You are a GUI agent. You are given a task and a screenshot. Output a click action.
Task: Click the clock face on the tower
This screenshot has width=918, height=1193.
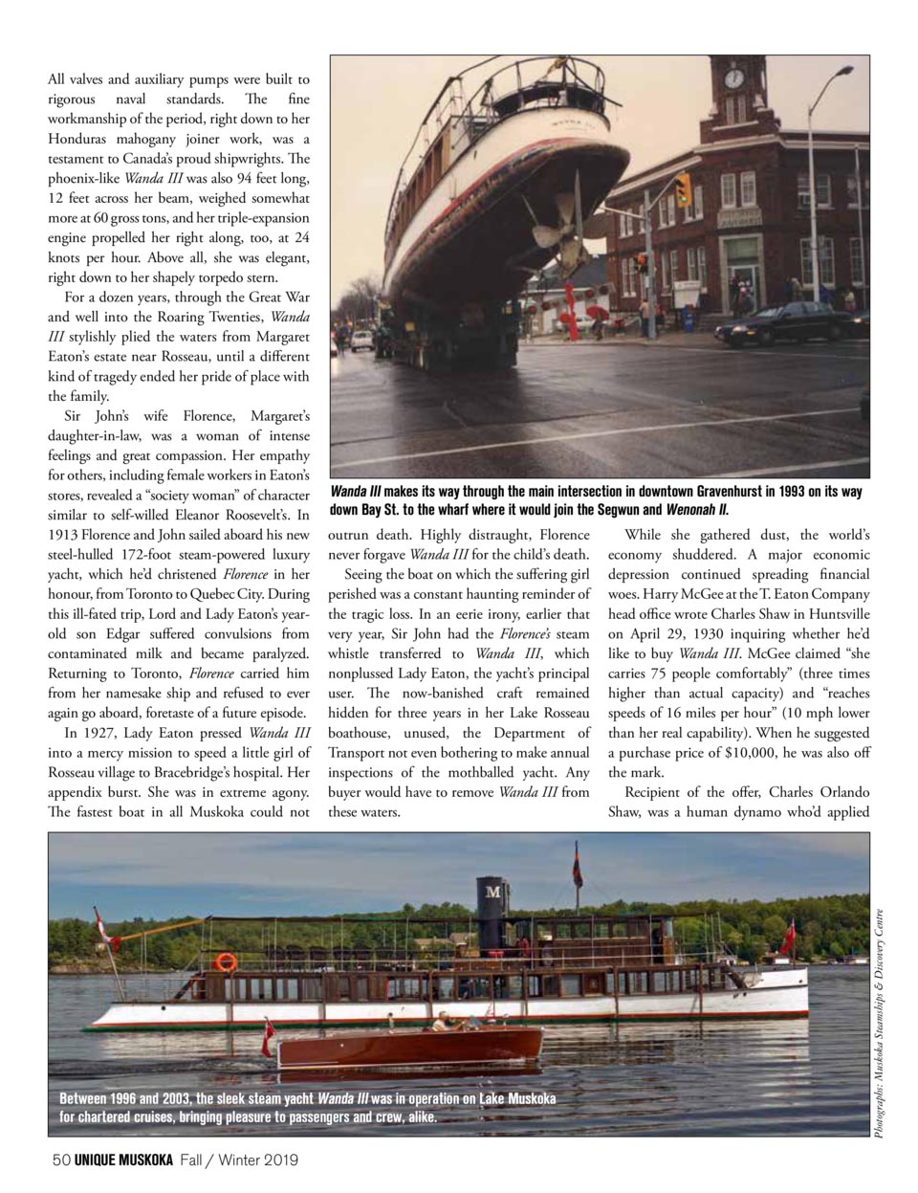733,77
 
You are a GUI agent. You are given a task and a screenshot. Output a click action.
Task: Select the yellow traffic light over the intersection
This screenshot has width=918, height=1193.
683,188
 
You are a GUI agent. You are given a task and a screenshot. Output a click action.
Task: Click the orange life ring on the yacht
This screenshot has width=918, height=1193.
226,961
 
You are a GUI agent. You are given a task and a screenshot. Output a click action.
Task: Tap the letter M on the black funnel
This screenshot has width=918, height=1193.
493,893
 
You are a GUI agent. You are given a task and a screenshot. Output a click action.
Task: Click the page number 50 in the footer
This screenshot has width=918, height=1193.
60,1160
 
